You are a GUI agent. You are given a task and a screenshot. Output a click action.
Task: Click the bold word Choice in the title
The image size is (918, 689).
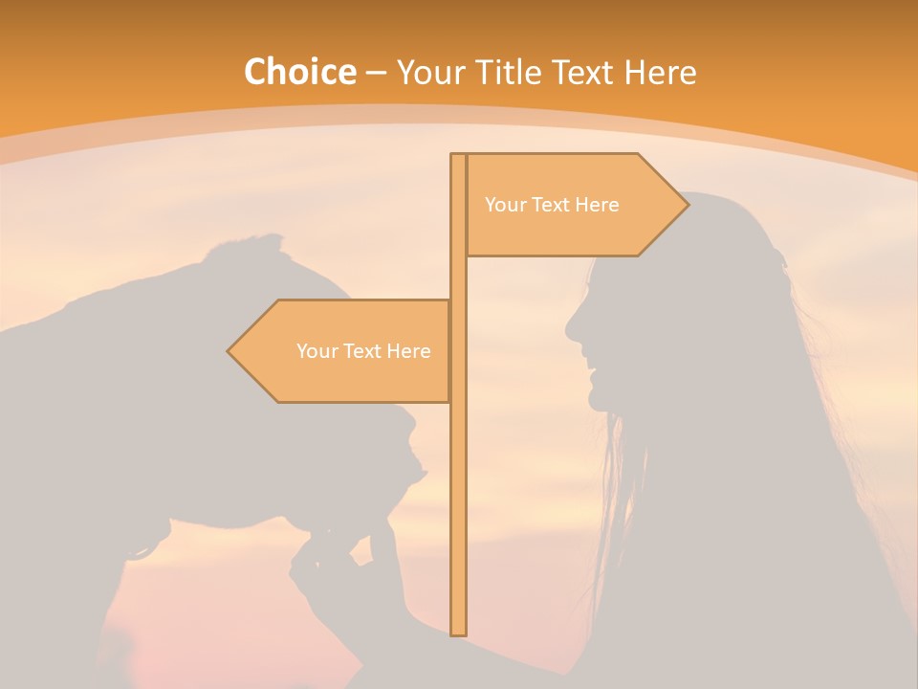tap(299, 72)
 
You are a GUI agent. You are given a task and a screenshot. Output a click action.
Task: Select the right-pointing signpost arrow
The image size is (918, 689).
tap(574, 205)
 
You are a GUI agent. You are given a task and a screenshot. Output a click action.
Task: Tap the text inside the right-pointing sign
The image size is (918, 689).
tap(552, 205)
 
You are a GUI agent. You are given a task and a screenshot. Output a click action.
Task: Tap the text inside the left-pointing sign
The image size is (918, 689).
tap(363, 351)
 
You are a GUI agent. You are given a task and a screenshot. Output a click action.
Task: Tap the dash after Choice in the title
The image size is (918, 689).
tap(376, 74)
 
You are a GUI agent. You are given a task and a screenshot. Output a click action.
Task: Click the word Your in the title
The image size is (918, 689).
tap(429, 72)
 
